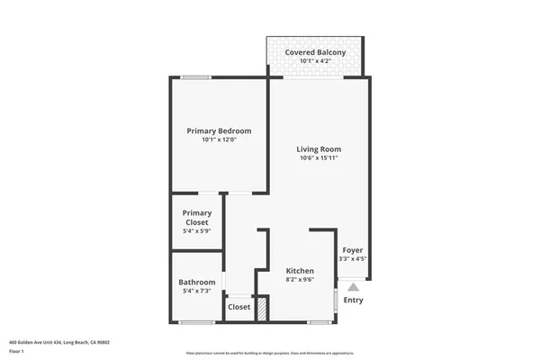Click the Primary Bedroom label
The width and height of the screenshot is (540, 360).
[x=219, y=131]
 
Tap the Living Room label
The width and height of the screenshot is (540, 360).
[x=319, y=149]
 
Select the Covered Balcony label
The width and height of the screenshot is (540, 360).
[x=315, y=53]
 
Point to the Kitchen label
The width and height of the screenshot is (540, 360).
[x=300, y=271]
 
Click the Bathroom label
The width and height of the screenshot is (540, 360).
[x=196, y=282]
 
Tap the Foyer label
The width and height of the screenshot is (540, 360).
[x=352, y=250]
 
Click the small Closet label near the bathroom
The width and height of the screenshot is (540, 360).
[x=239, y=307]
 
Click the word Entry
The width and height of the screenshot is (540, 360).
[x=354, y=300]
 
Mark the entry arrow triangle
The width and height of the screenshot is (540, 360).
[x=354, y=285]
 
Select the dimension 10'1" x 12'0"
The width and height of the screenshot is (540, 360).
[x=219, y=140]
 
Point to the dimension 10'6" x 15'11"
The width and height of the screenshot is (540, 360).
[x=319, y=158]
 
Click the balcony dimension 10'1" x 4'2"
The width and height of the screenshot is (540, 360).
[x=315, y=61]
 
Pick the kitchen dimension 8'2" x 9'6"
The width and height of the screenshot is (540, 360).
[x=300, y=280]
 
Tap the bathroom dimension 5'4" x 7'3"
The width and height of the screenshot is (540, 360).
[x=196, y=291]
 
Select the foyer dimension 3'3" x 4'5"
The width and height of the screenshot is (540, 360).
[x=352, y=259]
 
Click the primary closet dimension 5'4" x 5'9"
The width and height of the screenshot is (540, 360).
[x=196, y=232]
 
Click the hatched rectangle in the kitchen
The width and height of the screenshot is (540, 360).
[x=263, y=309]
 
